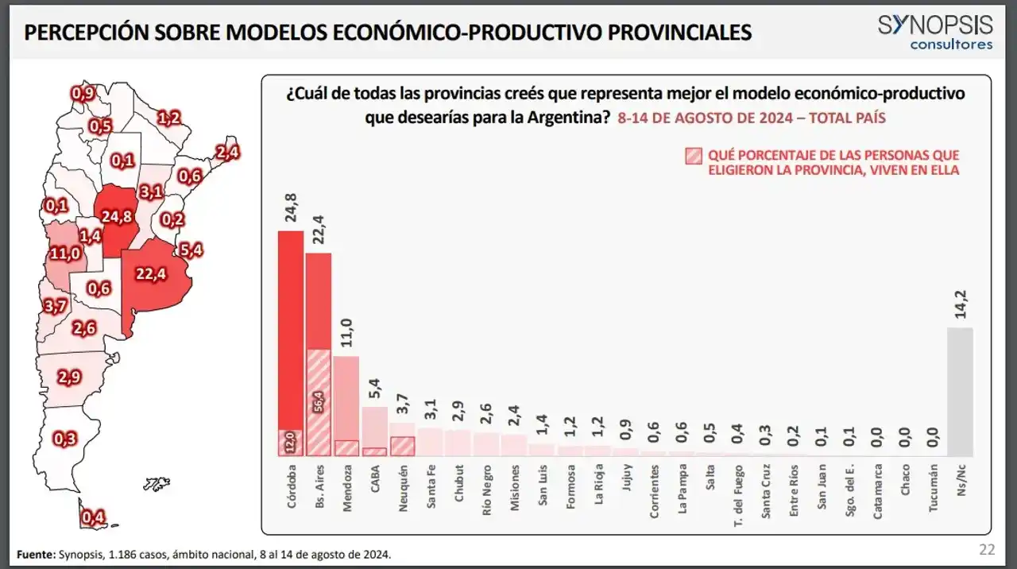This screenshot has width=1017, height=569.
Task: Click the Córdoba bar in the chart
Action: click(x=290, y=334)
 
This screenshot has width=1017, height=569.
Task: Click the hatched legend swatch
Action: click(x=693, y=156)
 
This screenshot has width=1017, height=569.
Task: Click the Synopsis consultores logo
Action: click(x=935, y=32)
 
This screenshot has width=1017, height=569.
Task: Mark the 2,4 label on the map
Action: click(x=228, y=152)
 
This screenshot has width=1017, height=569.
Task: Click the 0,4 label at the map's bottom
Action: click(x=94, y=518)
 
